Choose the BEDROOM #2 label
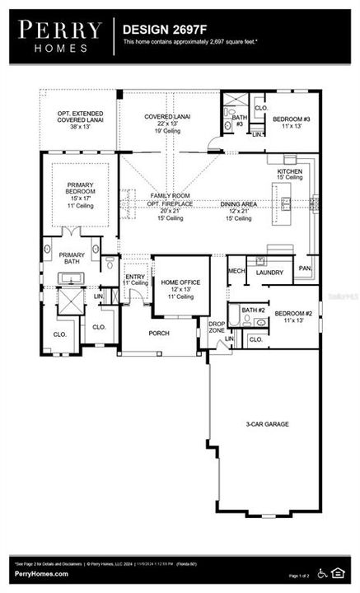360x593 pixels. coord(292,314)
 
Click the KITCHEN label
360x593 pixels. coord(289,170)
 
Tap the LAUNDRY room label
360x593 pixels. coord(269,272)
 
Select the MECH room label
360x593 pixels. coord(236,271)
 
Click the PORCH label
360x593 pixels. coord(158,334)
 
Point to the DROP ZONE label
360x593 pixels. coord(216,327)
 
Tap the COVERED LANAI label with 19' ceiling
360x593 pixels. coord(167,117)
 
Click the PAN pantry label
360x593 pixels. coord(305,268)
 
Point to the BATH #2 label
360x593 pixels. coord(251,310)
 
